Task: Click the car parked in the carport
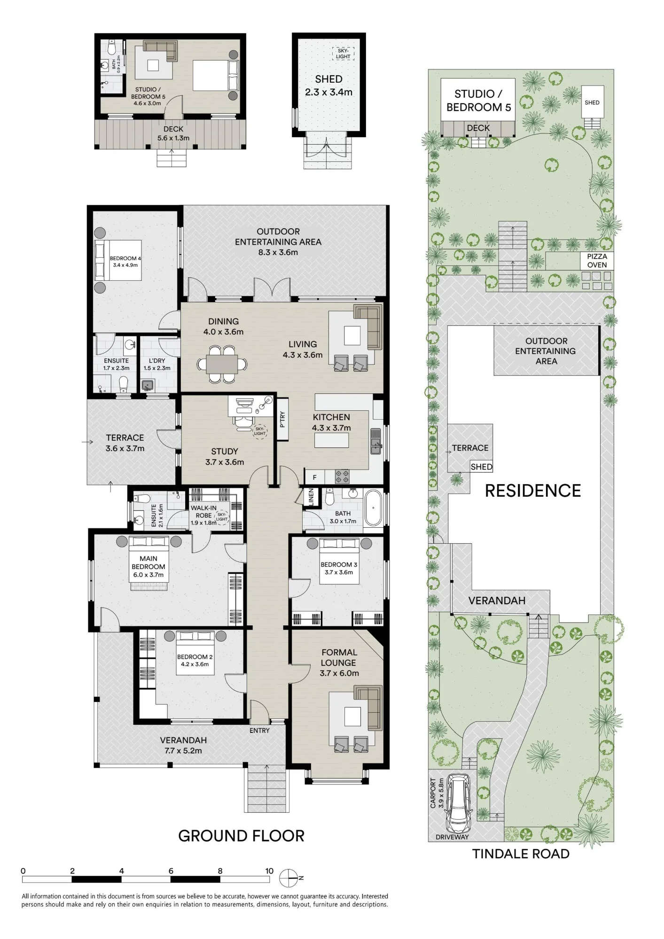click(x=458, y=803)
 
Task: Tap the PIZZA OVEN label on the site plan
click(x=597, y=261)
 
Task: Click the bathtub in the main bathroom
click(x=374, y=507)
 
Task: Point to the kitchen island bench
click(x=332, y=441)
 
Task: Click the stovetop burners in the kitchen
click(x=342, y=477)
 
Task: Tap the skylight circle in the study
click(x=259, y=431)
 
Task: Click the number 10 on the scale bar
click(x=269, y=871)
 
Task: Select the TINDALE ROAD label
click(x=521, y=854)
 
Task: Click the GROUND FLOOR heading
click(x=241, y=836)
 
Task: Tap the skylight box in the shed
click(x=343, y=54)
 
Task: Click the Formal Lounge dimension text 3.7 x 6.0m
click(x=339, y=673)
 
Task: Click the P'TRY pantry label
click(x=282, y=419)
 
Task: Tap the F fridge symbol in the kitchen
click(x=315, y=477)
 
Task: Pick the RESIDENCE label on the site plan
click(x=533, y=491)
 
